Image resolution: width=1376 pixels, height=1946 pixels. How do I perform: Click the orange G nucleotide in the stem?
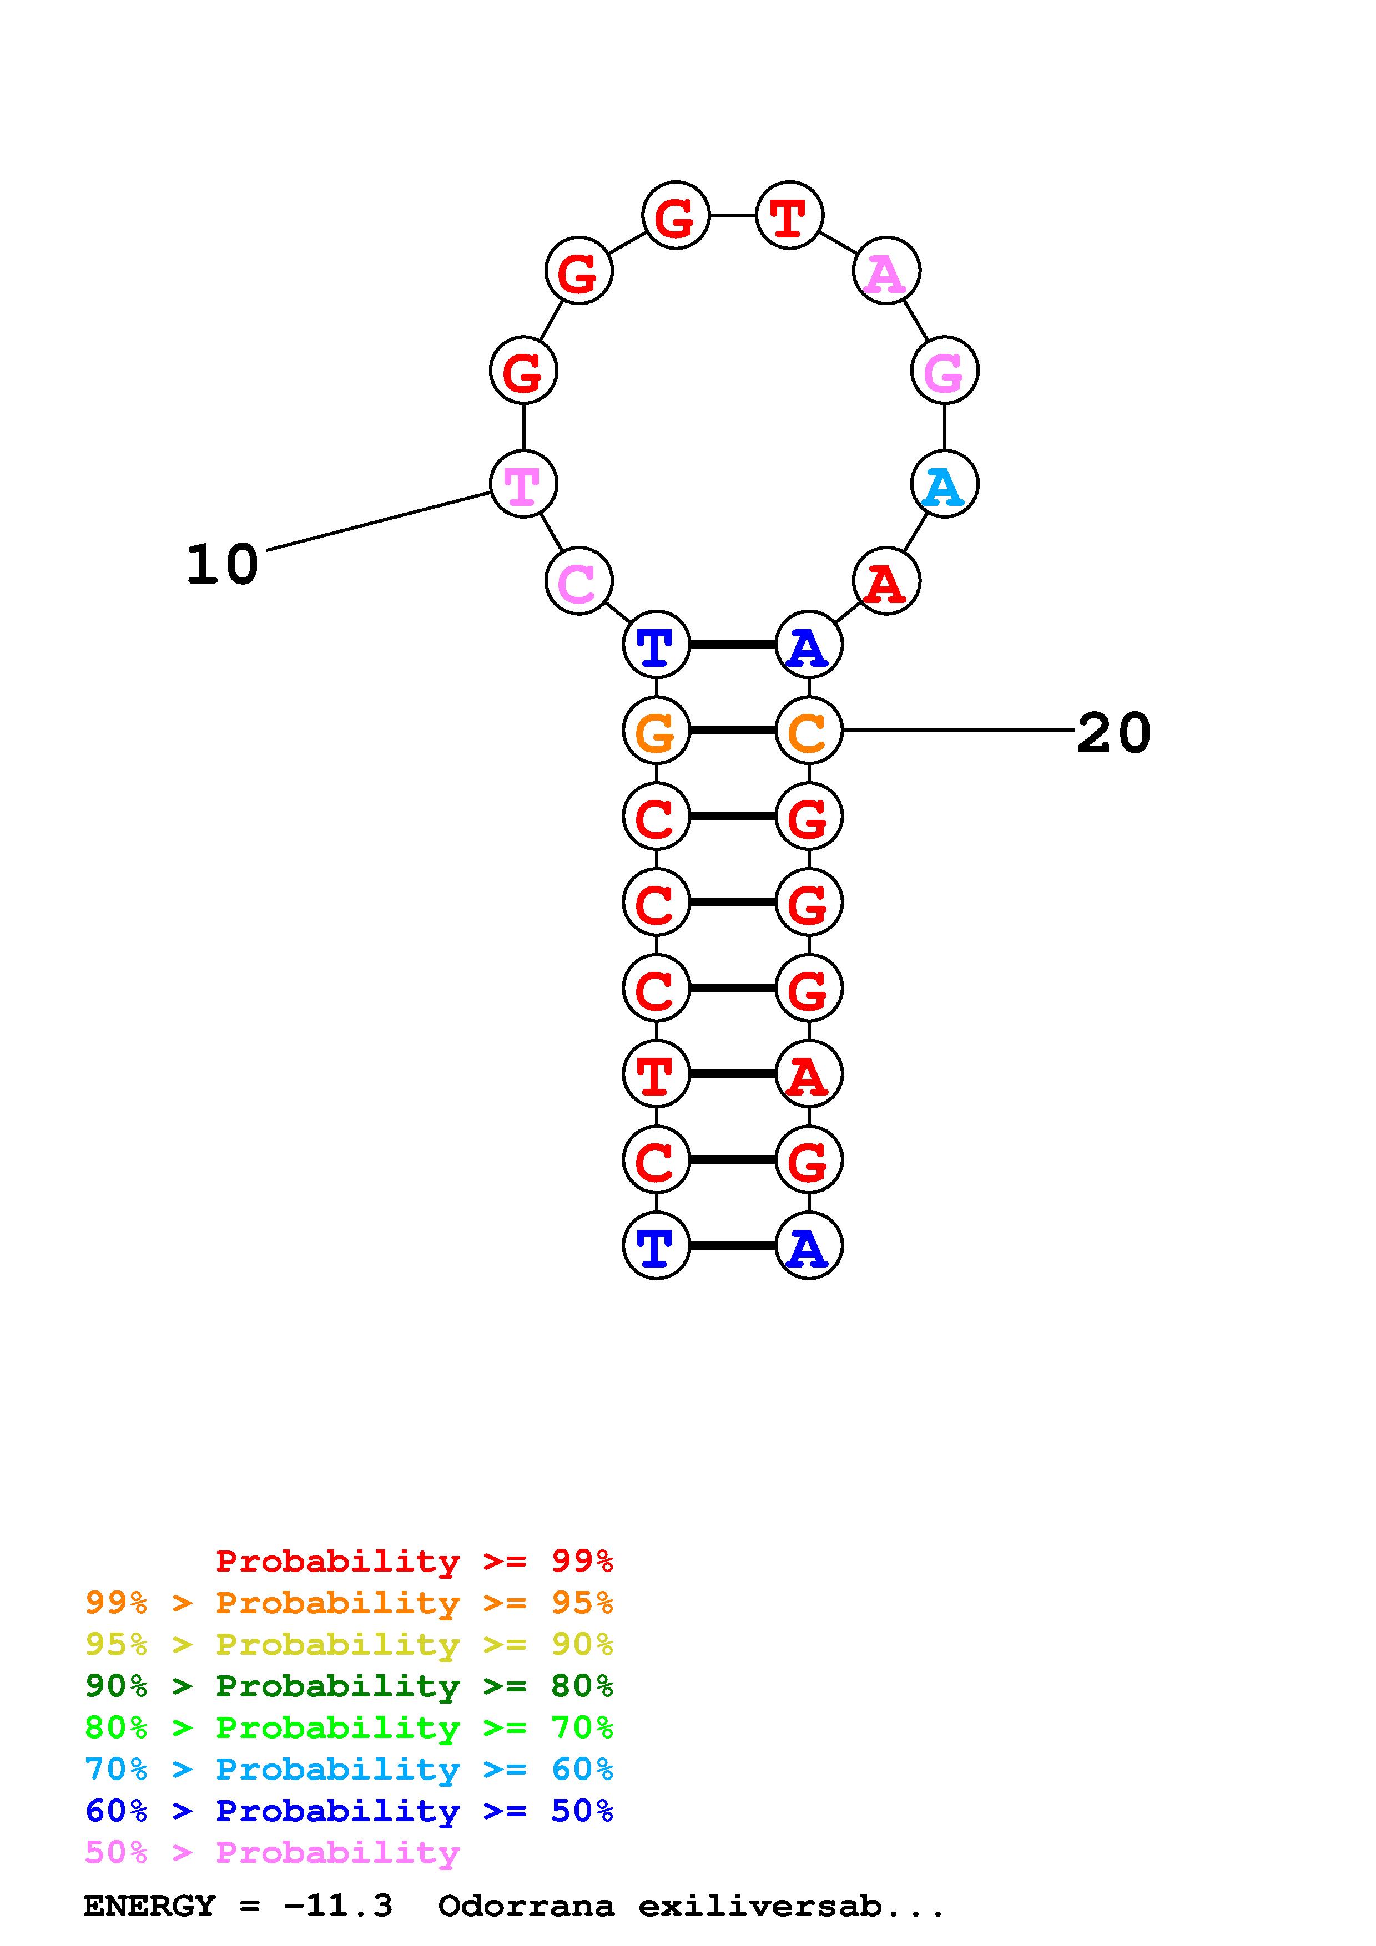pyautogui.click(x=656, y=731)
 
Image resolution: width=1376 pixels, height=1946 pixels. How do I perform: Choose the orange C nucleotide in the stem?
pyautogui.click(x=809, y=731)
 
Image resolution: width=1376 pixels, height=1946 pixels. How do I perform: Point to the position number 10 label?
pyautogui.click(x=222, y=565)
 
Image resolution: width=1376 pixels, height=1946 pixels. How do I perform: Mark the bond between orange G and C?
pyautogui.click(x=733, y=731)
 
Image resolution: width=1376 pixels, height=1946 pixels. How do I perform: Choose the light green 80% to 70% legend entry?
pyautogui.click(x=349, y=1728)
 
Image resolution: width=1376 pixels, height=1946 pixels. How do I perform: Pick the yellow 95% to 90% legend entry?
pyautogui.click(x=349, y=1645)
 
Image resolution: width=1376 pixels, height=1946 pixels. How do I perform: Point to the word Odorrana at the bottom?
pyautogui.click(x=526, y=1906)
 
